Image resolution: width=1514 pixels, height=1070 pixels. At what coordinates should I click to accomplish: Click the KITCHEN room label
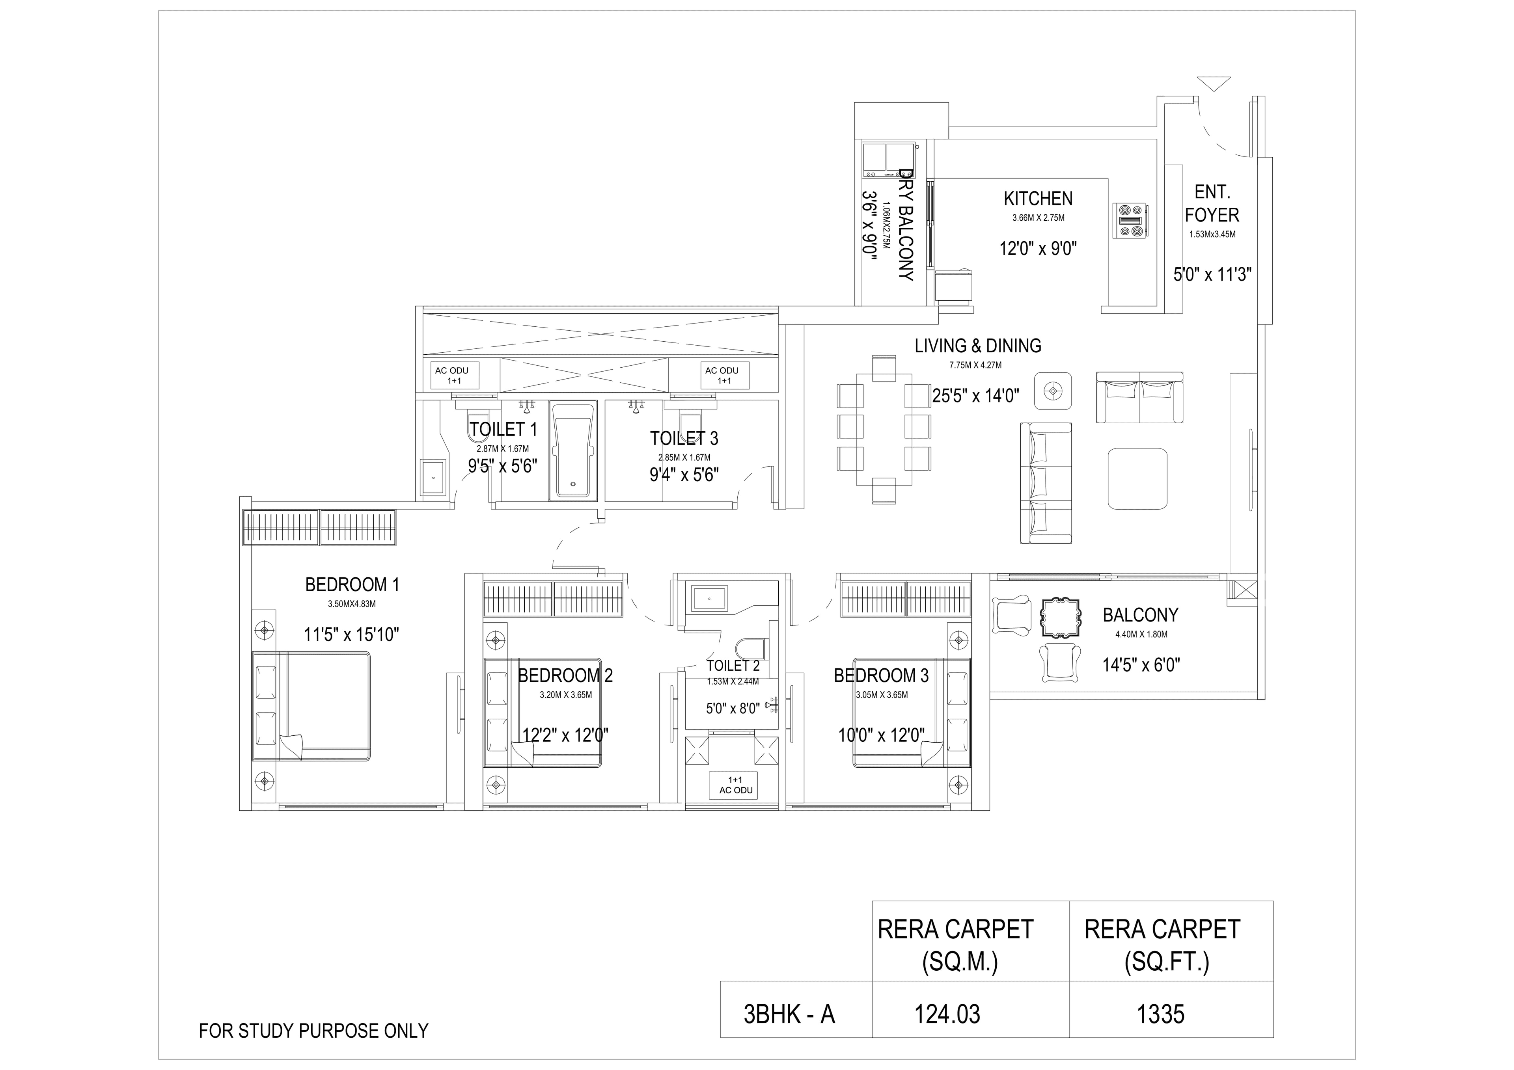(1038, 199)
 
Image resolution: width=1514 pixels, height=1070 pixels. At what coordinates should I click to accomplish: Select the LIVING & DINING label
(977, 346)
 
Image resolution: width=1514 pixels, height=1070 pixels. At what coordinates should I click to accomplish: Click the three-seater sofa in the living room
(1046, 483)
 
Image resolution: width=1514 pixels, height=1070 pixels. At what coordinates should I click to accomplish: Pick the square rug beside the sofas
(1137, 478)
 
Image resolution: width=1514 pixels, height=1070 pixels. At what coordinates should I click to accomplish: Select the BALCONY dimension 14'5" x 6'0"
(1141, 665)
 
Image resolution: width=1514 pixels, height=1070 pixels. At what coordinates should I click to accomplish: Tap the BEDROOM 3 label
(881, 676)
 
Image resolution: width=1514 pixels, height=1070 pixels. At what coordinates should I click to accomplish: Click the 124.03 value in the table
(947, 1014)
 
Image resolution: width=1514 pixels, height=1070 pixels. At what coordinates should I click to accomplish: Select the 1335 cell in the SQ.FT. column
(1161, 1014)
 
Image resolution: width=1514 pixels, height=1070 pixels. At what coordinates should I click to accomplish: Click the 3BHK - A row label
(789, 1014)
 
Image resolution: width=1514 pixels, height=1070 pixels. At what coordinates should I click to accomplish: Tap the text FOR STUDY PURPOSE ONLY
(314, 1031)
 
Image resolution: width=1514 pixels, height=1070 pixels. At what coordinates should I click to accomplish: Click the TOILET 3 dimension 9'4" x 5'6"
(684, 475)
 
